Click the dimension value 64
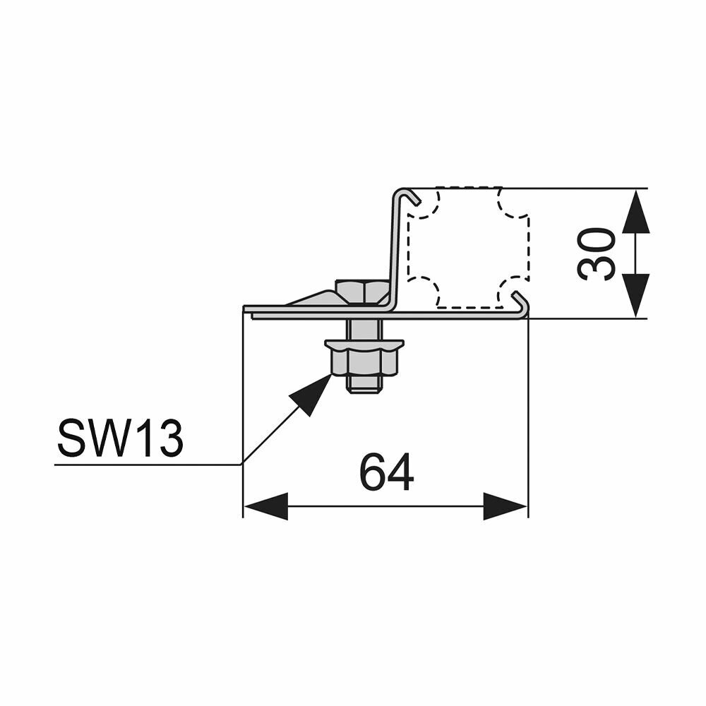(x=386, y=473)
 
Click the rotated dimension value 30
(x=595, y=253)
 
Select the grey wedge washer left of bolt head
(x=315, y=298)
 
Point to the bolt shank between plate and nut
(x=364, y=329)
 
